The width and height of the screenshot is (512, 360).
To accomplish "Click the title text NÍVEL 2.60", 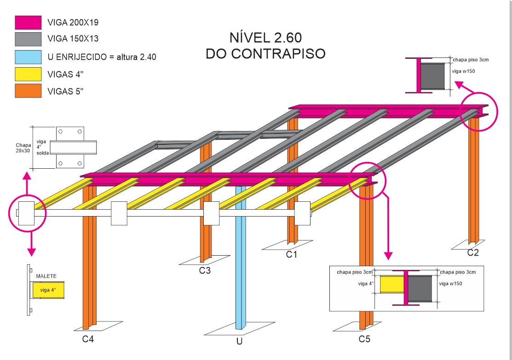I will pyautogui.click(x=265, y=37).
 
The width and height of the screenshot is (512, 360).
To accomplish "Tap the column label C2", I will pyautogui.click(x=473, y=252).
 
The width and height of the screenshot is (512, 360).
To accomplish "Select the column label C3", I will pyautogui.click(x=205, y=271).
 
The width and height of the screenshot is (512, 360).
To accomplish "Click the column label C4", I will pyautogui.click(x=88, y=340).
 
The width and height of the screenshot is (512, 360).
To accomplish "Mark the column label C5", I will pyautogui.click(x=364, y=340).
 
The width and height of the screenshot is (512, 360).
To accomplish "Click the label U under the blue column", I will pyautogui.click(x=239, y=342).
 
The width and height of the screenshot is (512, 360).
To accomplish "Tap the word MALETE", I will pyautogui.click(x=46, y=276).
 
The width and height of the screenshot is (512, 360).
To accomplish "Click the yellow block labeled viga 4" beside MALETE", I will pyautogui.click(x=48, y=290).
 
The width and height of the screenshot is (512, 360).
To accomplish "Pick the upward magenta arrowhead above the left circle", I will pyautogui.click(x=27, y=175).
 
